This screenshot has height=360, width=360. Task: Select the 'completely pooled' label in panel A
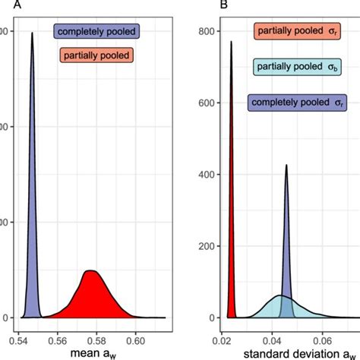coord(95,32)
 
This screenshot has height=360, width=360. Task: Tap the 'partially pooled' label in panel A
coord(95,55)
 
